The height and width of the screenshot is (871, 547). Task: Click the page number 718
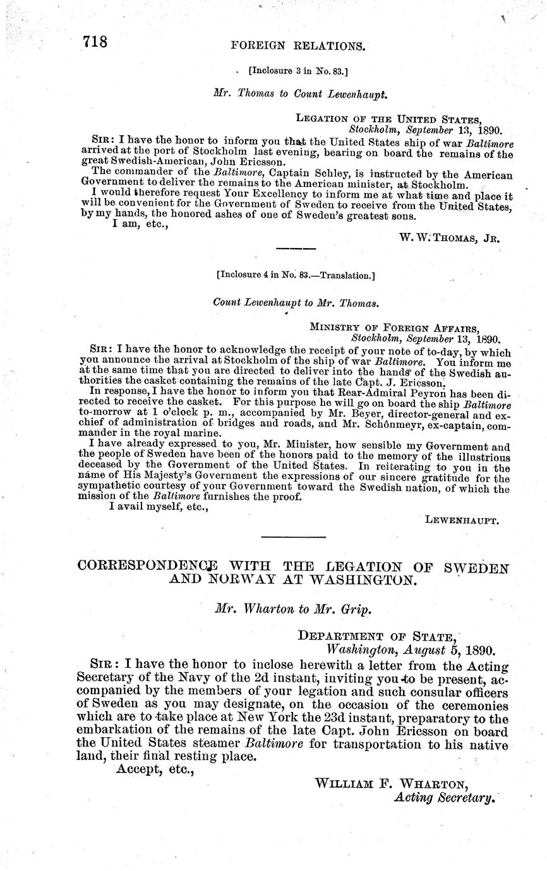click(x=95, y=42)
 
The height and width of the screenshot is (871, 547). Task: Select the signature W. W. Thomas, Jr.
click(x=450, y=238)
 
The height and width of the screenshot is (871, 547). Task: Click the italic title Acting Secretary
click(x=442, y=797)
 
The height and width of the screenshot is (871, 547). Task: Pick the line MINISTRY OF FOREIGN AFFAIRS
click(x=394, y=327)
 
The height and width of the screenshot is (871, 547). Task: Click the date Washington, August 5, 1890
click(x=411, y=649)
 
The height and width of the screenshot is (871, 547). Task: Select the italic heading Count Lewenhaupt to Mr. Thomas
click(x=296, y=302)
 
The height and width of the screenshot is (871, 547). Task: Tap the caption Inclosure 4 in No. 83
click(x=295, y=275)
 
